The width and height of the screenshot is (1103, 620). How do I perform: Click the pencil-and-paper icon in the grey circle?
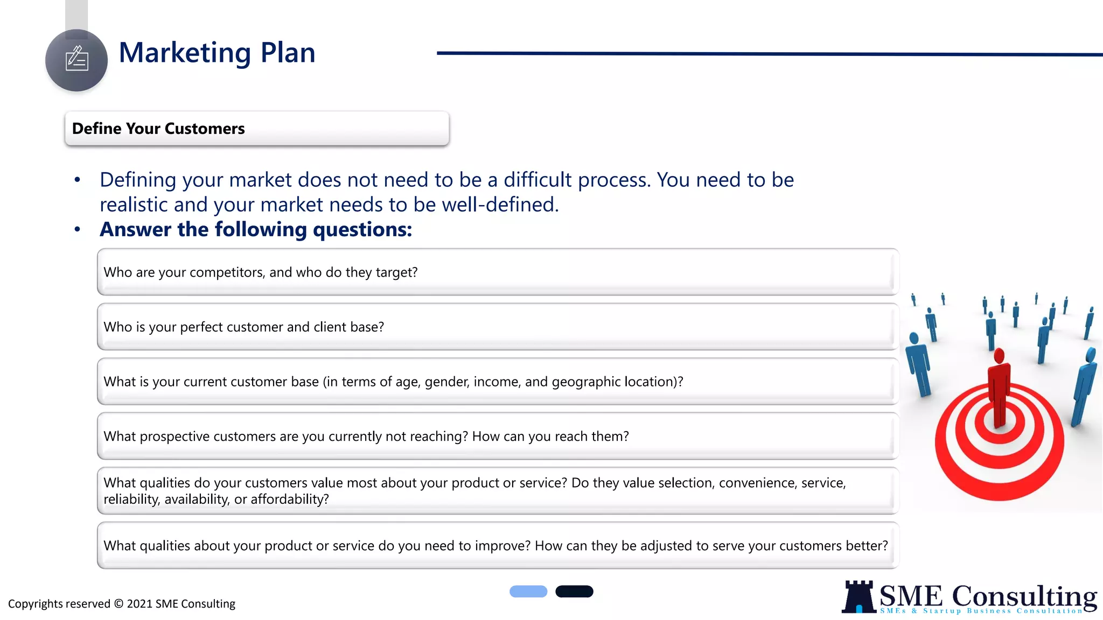pyautogui.click(x=76, y=59)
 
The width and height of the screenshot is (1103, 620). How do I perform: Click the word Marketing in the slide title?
pyautogui.click(x=185, y=53)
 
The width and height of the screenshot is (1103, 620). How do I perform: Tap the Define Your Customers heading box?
pyautogui.click(x=256, y=129)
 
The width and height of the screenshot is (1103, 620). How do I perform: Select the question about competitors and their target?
pyautogui.click(x=261, y=272)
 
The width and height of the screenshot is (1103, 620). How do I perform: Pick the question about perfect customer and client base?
pyautogui.click(x=243, y=327)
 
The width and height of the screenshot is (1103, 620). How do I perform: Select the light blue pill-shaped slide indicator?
pyautogui.click(x=528, y=591)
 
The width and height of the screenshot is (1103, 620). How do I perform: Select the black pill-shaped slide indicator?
pyautogui.click(x=574, y=591)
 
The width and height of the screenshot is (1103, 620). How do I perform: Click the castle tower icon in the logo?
pyautogui.click(x=858, y=597)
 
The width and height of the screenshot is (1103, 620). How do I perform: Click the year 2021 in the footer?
pyautogui.click(x=139, y=604)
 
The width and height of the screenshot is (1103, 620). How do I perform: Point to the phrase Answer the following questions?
pyautogui.click(x=256, y=230)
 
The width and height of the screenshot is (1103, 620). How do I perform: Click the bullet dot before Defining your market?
pyautogui.click(x=78, y=180)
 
